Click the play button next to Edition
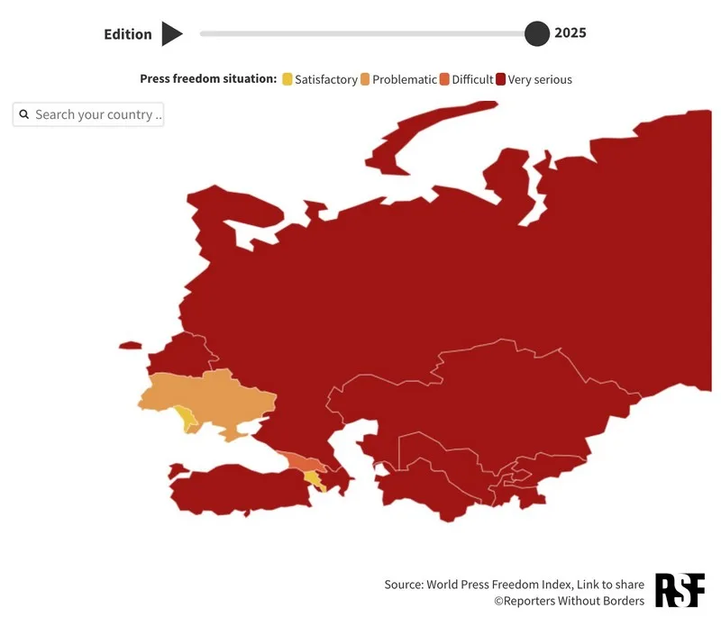click(171, 34)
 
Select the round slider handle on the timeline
click(537, 34)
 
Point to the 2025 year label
click(570, 33)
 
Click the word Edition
click(128, 34)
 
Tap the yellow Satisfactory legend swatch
click(287, 79)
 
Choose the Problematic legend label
click(404, 79)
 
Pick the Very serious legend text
click(540, 79)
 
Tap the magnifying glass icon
click(24, 114)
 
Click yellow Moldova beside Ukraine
click(185, 417)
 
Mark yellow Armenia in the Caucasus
click(313, 476)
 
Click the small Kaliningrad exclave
click(130, 345)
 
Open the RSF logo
click(680, 589)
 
